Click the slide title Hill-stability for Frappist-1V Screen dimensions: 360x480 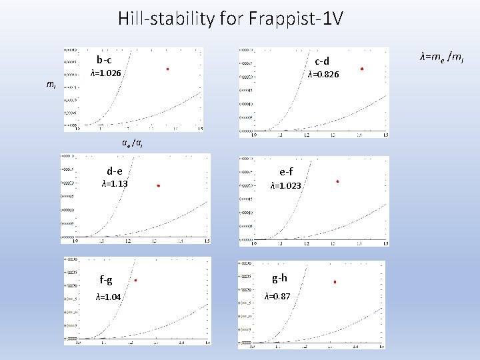click(230, 19)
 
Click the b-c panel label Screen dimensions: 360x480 click(104, 60)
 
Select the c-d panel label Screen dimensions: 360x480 click(322, 61)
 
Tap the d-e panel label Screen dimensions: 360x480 click(114, 171)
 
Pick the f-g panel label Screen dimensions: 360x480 click(106, 280)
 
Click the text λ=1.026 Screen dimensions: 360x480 click(105, 73)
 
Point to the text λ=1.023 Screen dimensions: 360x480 click(285, 186)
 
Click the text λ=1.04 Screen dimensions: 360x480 click(108, 297)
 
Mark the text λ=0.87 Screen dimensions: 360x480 click(277, 296)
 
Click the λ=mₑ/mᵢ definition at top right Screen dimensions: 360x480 click(441, 59)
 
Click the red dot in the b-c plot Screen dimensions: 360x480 click(167, 69)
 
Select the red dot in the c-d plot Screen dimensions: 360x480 click(362, 69)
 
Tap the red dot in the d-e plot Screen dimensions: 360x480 click(158, 186)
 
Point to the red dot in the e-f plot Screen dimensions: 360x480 click(338, 181)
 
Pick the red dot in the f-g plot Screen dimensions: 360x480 click(135, 281)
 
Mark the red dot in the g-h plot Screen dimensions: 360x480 click(335, 282)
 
